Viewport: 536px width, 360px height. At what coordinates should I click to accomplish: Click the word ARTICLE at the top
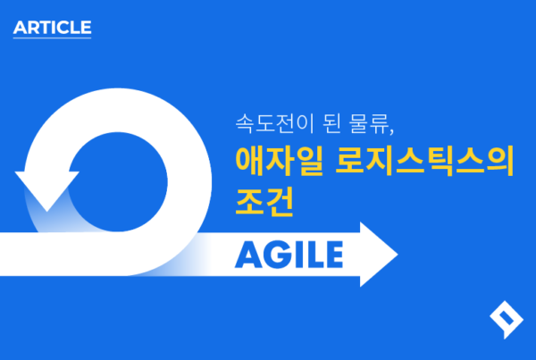click(53, 28)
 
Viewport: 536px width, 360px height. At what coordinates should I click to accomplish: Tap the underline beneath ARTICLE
click(53, 38)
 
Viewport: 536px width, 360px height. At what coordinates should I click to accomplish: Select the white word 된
click(331, 123)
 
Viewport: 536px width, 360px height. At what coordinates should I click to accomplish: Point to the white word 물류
click(368, 123)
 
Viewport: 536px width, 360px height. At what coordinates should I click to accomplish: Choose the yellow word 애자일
click(280, 161)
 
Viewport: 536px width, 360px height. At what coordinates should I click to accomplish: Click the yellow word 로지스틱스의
click(424, 161)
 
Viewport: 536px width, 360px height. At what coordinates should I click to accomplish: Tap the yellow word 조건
click(264, 202)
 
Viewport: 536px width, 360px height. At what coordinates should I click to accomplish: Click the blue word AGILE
click(289, 255)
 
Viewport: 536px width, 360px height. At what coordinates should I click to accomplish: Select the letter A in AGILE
click(248, 255)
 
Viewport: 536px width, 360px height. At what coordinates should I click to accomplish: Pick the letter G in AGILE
click(277, 255)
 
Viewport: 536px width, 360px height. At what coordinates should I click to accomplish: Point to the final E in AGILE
click(333, 255)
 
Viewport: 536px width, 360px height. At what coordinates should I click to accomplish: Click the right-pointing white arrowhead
click(379, 255)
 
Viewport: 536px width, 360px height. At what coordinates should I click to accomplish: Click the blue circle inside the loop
click(118, 182)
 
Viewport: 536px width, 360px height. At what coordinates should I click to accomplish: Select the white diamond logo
click(507, 320)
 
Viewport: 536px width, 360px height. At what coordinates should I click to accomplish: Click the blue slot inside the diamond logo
click(507, 318)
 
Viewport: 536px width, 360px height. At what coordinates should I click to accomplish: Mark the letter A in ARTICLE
click(21, 28)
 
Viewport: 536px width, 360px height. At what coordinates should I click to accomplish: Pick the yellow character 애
click(249, 161)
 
